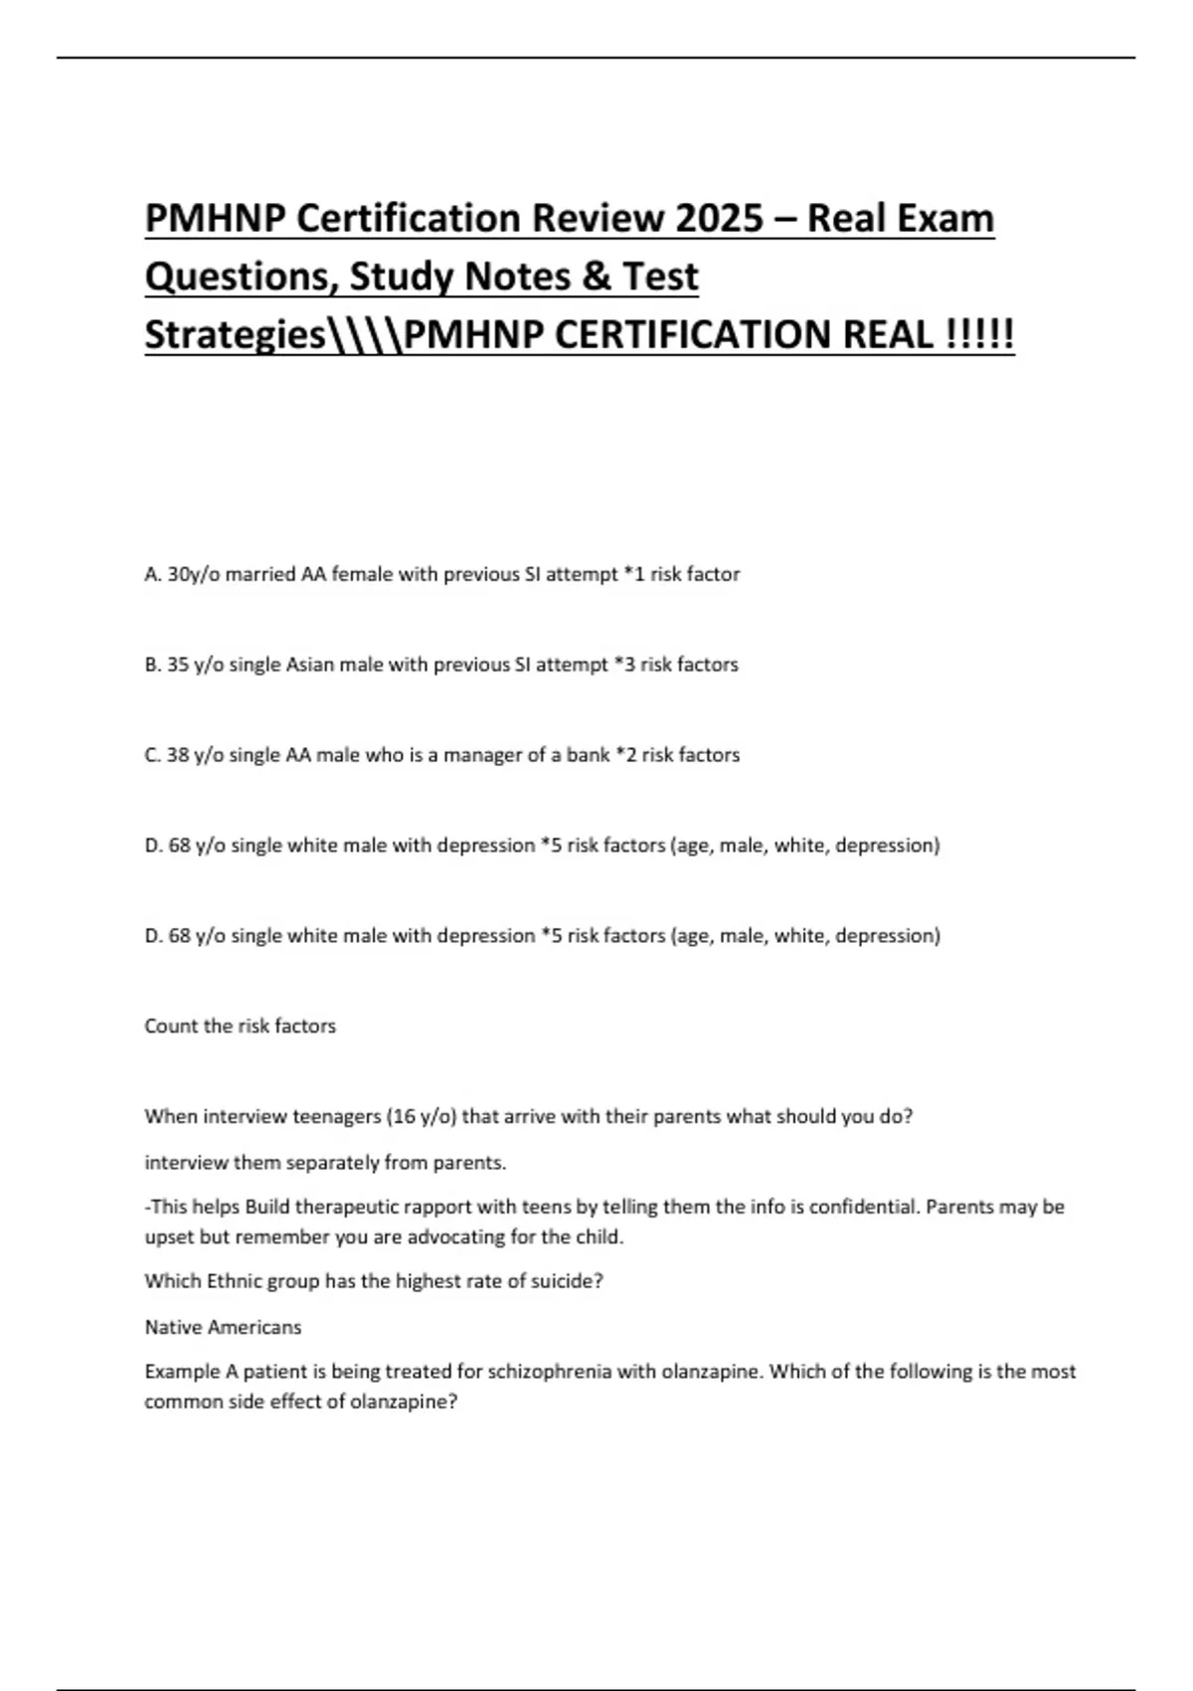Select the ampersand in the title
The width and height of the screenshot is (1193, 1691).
[x=596, y=277]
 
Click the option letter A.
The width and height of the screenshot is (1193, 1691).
[x=152, y=574]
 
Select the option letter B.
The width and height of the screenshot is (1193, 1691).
[x=152, y=664]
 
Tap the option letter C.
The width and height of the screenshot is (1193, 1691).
[x=152, y=755]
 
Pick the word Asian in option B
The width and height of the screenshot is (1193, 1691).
[x=310, y=664]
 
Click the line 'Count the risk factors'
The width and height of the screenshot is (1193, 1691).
[x=241, y=1026]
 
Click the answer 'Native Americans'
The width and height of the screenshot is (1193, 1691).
[x=223, y=1327]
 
